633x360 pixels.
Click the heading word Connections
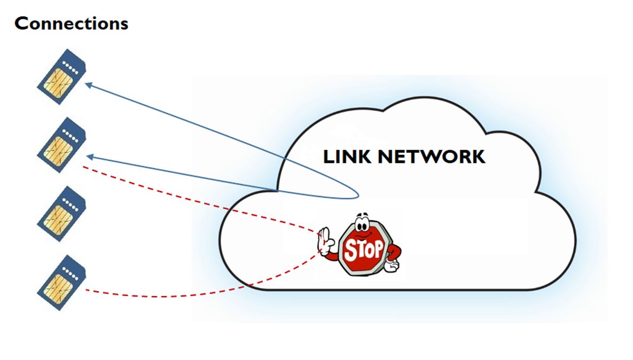coord(71,24)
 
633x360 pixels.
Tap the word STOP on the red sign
coord(364,249)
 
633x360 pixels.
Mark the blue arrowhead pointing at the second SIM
coord(90,156)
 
